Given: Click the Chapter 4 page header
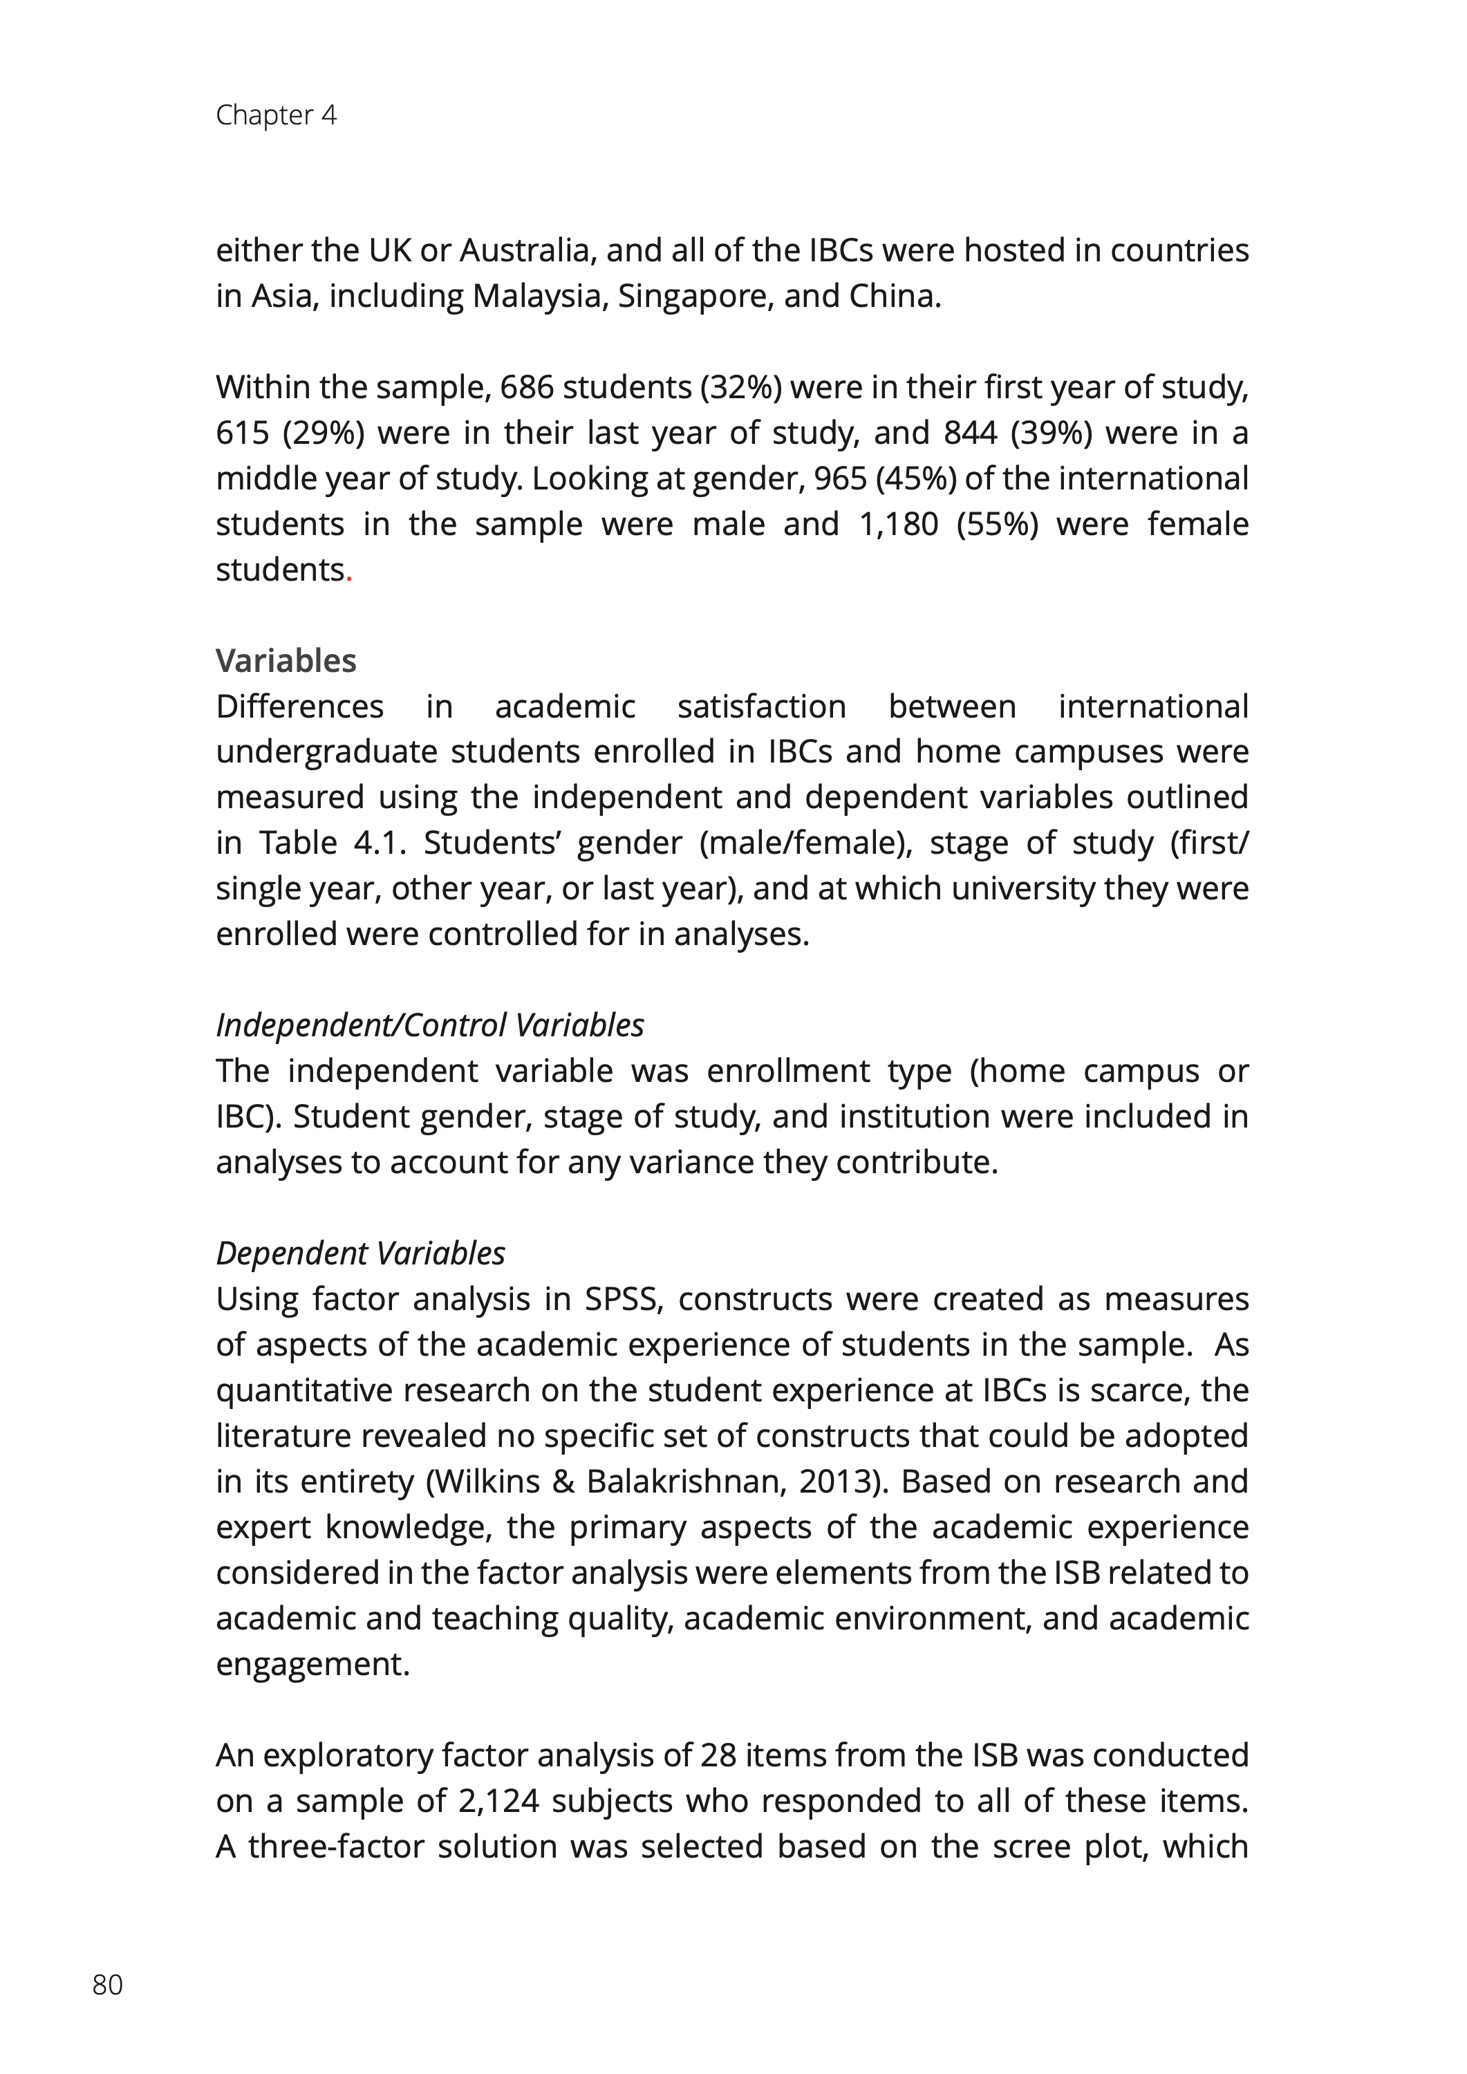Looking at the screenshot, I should point(276,115).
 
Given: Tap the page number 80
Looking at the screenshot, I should point(107,1985).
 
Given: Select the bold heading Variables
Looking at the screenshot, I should point(286,661).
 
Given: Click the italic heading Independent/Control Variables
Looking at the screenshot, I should point(429,1025).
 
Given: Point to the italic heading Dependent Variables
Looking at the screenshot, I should point(360,1253).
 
